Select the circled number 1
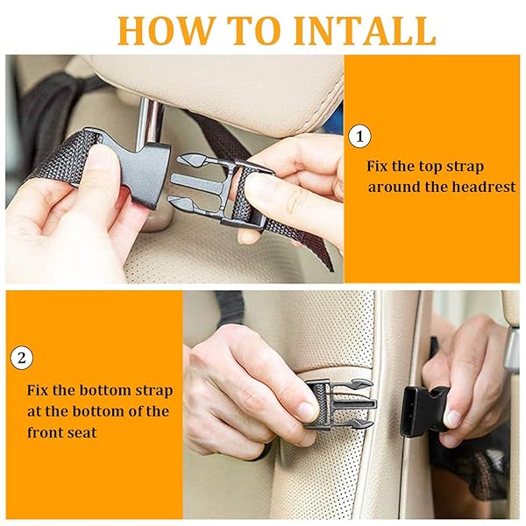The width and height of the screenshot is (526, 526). point(359,137)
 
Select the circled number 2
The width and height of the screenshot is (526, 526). point(22,358)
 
